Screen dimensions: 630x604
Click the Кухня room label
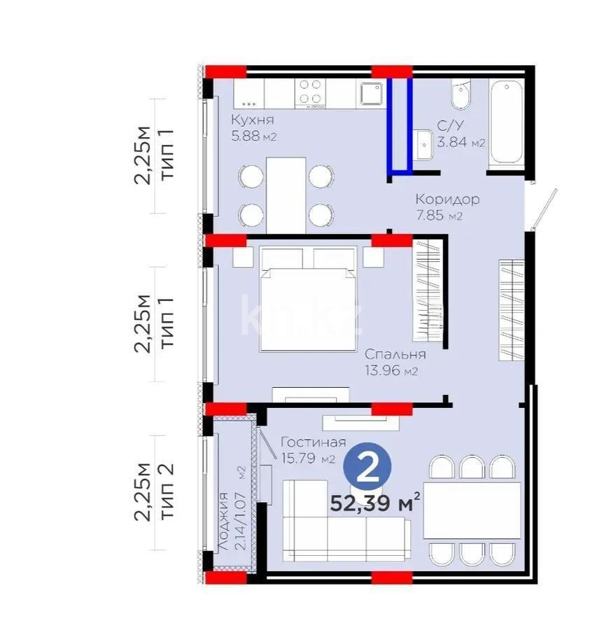253,120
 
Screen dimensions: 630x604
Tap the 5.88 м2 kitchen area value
253,136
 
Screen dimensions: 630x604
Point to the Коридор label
447,199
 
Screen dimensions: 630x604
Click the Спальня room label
395,354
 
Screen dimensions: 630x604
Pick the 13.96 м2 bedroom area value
391,371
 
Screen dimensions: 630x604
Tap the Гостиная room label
313,442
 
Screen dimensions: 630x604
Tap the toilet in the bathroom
461,96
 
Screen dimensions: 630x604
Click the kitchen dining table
286,195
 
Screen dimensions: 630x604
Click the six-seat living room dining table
472,510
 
